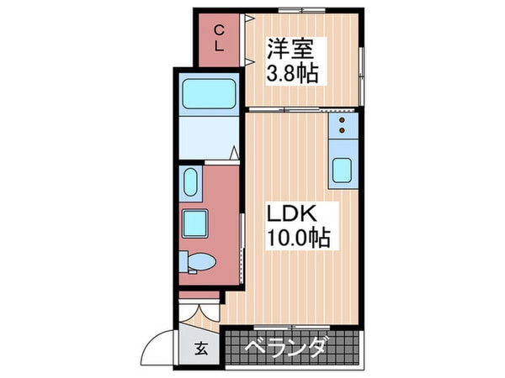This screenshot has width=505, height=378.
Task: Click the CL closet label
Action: pyautogui.click(x=219, y=39)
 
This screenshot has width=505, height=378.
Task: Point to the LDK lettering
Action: pyautogui.click(x=286, y=213)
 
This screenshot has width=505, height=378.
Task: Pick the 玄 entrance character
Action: pyautogui.click(x=202, y=349)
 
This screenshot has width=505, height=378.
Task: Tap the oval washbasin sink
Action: pyautogui.click(x=189, y=181)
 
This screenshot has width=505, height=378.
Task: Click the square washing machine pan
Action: pyautogui.click(x=198, y=223)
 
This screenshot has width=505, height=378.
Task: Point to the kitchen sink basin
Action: pyautogui.click(x=343, y=170)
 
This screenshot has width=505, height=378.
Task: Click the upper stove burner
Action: pyautogui.click(x=343, y=121)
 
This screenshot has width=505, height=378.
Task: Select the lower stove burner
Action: pyautogui.click(x=343, y=133)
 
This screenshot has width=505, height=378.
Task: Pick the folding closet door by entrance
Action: pyautogui.click(x=200, y=312)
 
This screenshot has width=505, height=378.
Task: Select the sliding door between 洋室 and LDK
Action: pyautogui.click(x=286, y=110)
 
